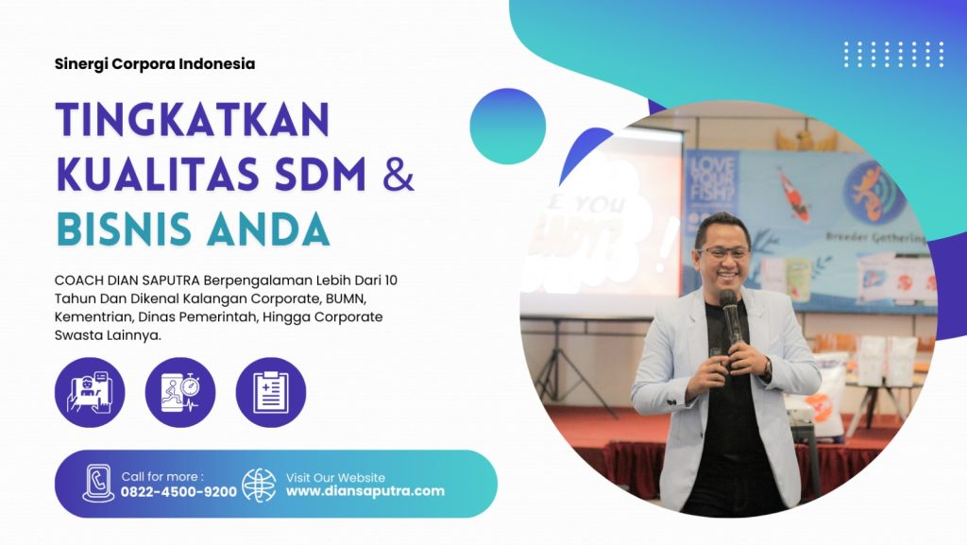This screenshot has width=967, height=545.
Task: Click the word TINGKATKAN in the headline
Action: (x=193, y=120)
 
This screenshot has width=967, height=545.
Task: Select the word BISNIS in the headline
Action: (x=132, y=230)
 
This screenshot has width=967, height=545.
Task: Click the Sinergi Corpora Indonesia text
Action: (x=155, y=64)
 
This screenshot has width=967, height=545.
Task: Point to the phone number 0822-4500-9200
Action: (x=178, y=492)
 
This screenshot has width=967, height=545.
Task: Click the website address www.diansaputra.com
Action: (x=365, y=491)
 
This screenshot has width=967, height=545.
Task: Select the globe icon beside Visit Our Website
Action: (x=260, y=485)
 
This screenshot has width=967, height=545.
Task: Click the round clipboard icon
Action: (x=271, y=392)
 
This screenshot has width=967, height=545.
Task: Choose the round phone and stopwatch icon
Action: (x=180, y=392)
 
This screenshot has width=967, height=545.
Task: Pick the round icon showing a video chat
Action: (x=90, y=392)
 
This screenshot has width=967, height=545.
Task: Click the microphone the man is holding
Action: (x=728, y=312)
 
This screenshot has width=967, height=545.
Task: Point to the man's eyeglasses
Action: (x=722, y=253)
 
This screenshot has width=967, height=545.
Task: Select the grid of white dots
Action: (x=893, y=54)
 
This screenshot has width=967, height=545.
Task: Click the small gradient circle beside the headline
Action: (x=507, y=126)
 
